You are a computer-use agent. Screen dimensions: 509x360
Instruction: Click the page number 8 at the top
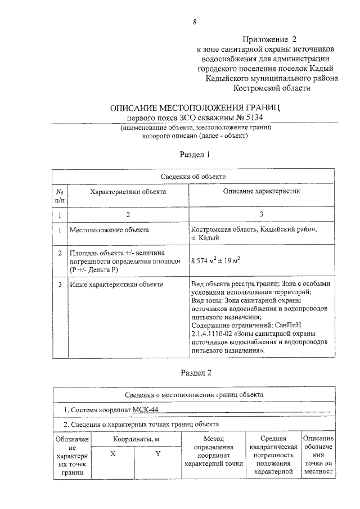pos(195,22)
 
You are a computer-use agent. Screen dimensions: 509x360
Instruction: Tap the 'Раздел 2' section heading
pos(195,372)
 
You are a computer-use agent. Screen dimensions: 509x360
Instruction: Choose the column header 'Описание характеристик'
pos(262,192)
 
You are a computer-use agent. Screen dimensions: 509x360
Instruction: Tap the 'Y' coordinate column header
pos(158,454)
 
